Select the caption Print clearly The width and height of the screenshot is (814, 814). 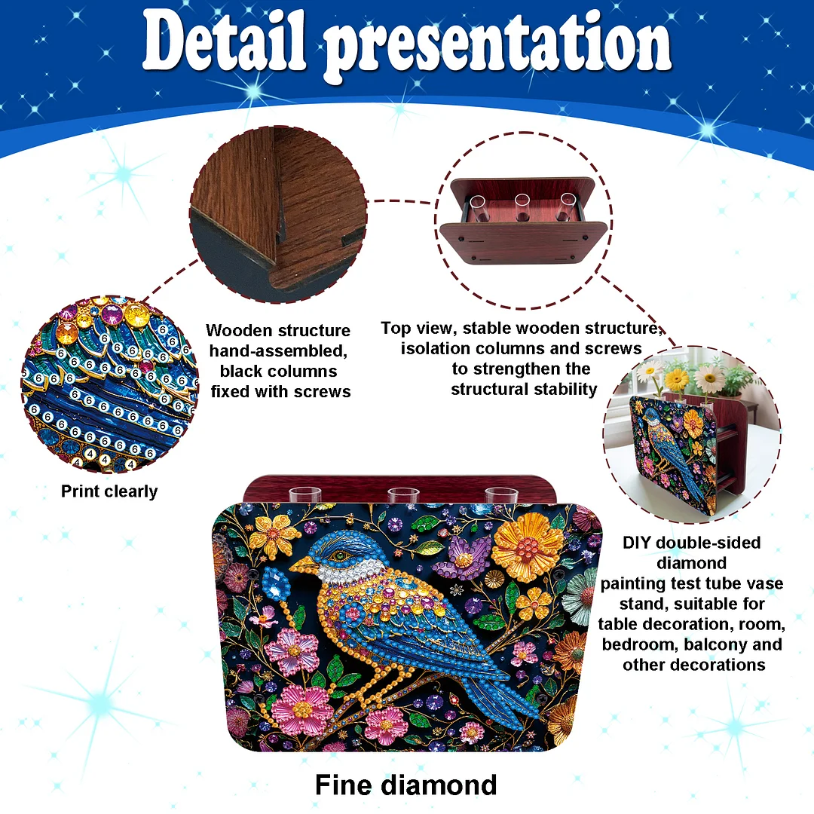pyautogui.click(x=109, y=491)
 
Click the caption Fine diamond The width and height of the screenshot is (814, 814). pyautogui.click(x=405, y=785)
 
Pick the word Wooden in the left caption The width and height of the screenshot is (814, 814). pyautogui.click(x=240, y=330)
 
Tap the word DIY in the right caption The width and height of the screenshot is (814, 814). pyautogui.click(x=638, y=543)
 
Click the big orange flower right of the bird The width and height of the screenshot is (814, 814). pyautogui.click(x=528, y=544)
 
